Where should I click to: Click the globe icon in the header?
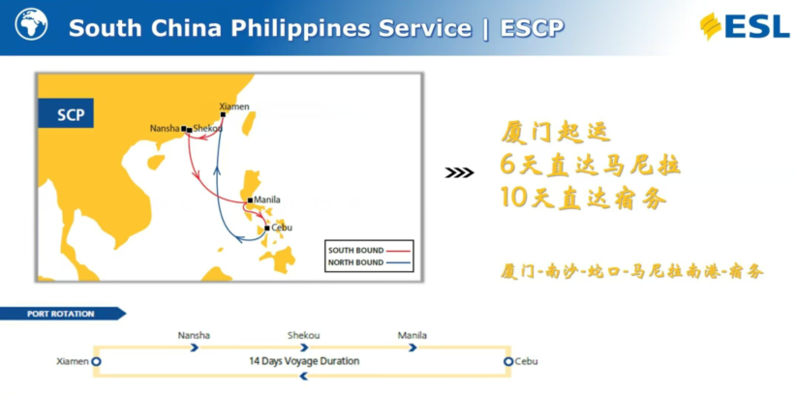tap(32, 24)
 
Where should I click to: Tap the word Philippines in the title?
tap(300, 28)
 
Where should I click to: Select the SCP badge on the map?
tap(66, 113)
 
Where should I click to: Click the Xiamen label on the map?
tap(234, 107)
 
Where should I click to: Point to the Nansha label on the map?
tap(165, 129)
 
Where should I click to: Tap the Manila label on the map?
tap(267, 199)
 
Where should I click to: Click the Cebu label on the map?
tap(282, 228)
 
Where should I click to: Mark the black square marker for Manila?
tap(250, 200)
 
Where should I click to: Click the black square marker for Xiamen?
tap(223, 114)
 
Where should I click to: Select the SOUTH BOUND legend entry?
tap(369, 251)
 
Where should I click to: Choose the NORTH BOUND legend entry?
tap(369, 263)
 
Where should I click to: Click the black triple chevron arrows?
tap(459, 173)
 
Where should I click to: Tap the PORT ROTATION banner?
tap(61, 314)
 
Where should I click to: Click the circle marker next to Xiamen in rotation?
tap(97, 361)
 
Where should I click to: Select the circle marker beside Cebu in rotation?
tap(508, 361)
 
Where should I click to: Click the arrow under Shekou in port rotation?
tap(304, 348)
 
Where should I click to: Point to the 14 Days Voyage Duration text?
tap(304, 361)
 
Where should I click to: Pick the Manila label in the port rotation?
tap(413, 336)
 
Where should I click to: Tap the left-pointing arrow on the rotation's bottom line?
tap(304, 377)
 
